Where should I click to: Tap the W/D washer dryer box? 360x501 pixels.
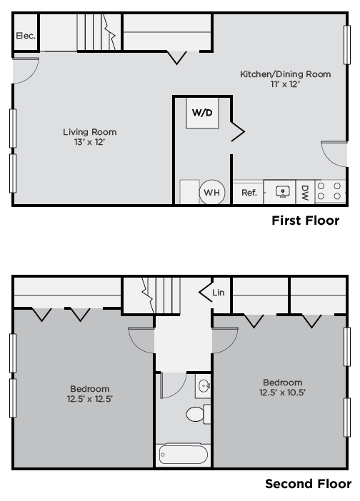point(202,113)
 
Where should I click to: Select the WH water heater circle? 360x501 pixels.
point(212,192)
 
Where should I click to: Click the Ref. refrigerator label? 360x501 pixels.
point(249,192)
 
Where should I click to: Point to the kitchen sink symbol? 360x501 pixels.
point(283,192)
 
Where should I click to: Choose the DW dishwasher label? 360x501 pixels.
point(305,192)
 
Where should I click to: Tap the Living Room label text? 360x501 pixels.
point(89,131)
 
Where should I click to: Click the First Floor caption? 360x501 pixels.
point(305,220)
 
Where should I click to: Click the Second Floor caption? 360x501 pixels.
point(308,484)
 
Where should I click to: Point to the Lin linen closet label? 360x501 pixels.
point(218,292)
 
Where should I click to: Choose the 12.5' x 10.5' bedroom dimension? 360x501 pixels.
point(282,393)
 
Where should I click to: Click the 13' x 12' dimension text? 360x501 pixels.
point(89,141)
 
